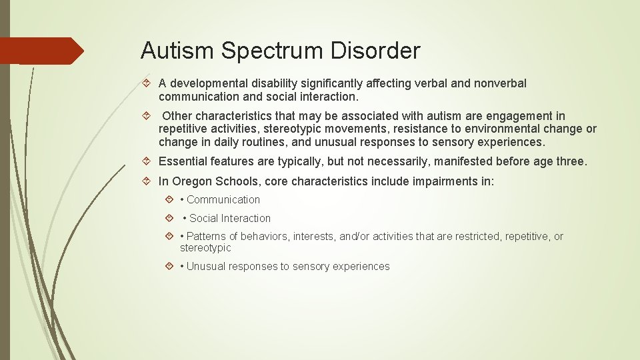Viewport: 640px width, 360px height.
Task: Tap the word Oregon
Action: click(x=191, y=181)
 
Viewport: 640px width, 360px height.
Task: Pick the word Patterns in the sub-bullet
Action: click(x=206, y=237)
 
